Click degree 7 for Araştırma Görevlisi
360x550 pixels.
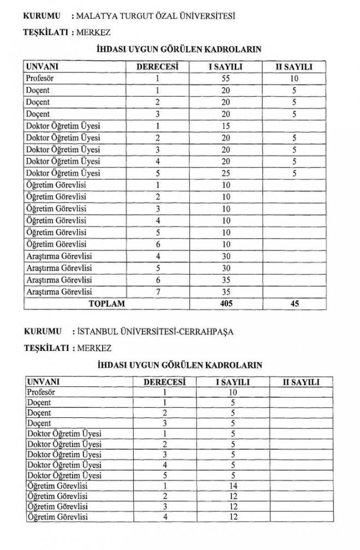tap(158, 291)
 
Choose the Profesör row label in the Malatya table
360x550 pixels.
tap(40, 79)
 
